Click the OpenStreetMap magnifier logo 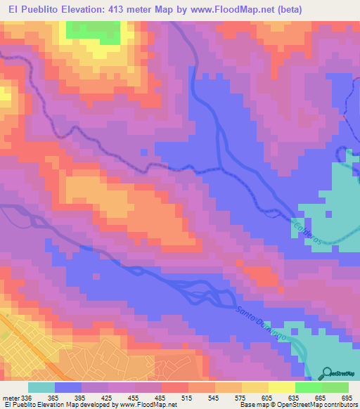click(327, 373)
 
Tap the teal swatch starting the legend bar click(41, 387)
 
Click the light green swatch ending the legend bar click(335, 387)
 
